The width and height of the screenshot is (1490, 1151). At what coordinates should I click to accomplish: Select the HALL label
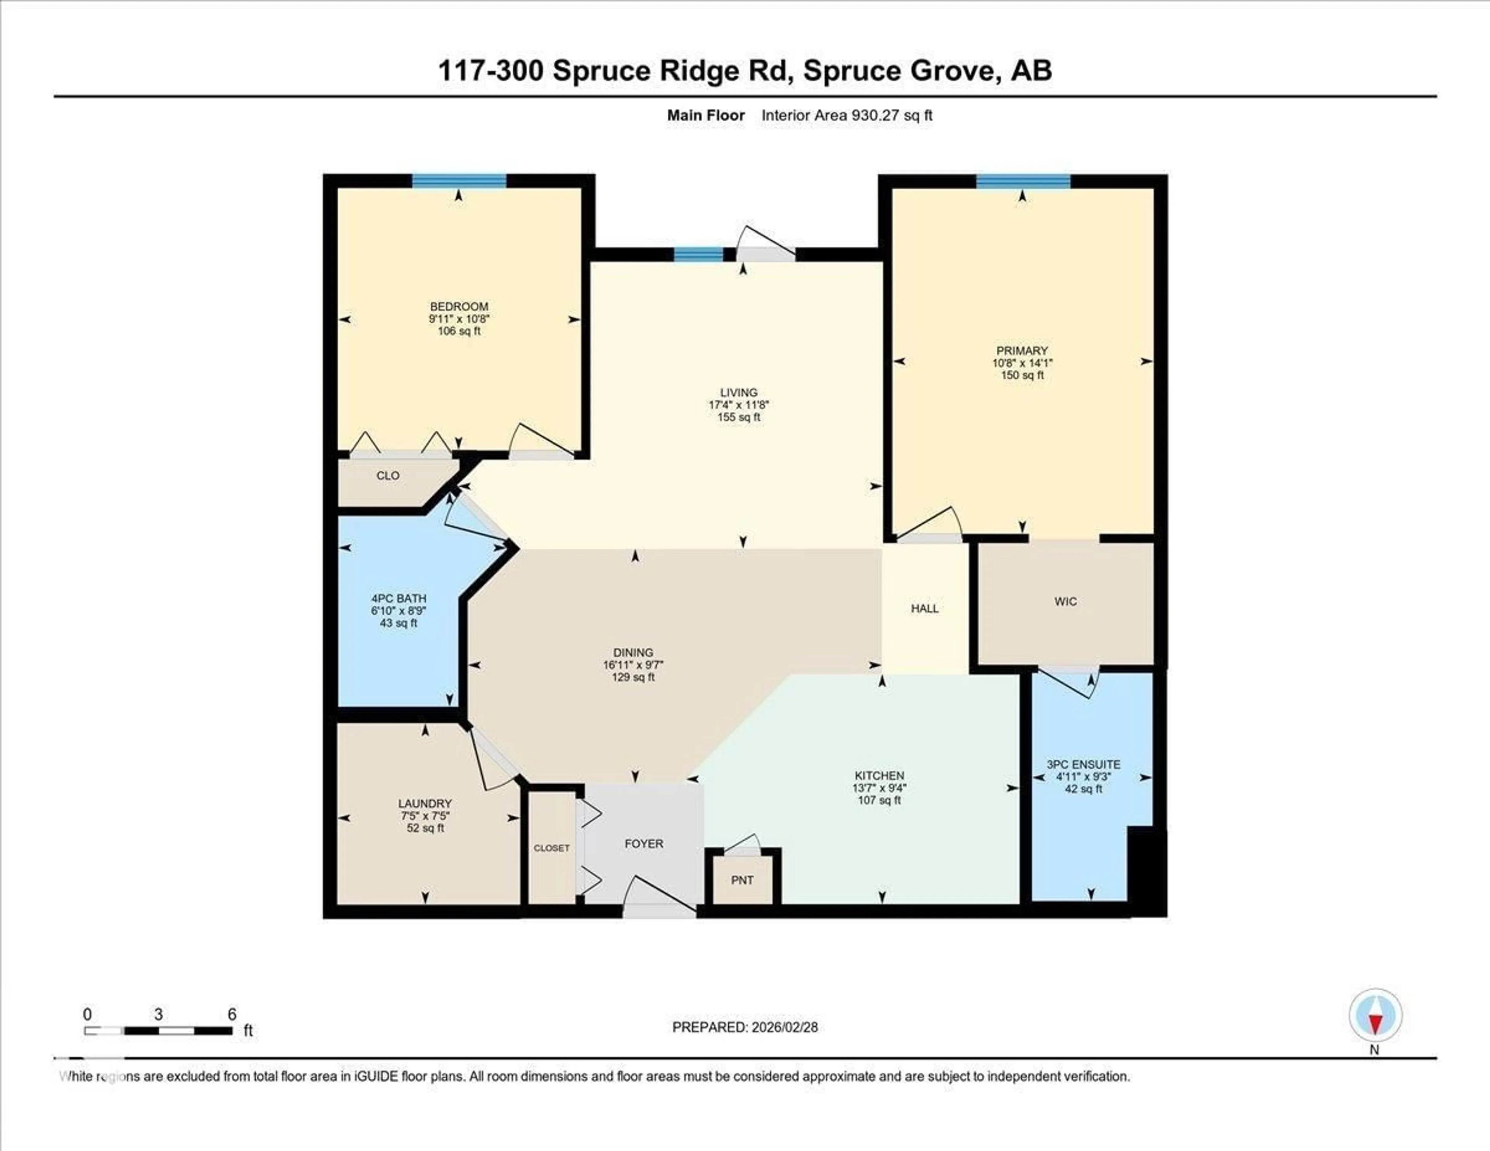click(x=924, y=608)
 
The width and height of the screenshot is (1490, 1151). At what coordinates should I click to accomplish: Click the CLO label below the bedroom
click(x=388, y=475)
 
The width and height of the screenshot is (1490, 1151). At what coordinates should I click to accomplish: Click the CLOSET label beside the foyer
click(x=551, y=848)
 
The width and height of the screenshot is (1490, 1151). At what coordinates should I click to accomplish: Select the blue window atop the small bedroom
click(x=459, y=181)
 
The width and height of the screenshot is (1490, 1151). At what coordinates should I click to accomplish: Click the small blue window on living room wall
click(x=698, y=255)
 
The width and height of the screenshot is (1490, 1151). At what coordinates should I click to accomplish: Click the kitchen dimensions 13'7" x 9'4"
click(x=879, y=788)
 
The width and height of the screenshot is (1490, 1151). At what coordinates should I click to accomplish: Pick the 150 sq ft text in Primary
click(x=1022, y=375)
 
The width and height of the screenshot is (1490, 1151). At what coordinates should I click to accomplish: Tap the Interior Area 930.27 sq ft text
click(x=847, y=115)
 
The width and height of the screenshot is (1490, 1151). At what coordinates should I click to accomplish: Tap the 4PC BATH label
click(x=398, y=598)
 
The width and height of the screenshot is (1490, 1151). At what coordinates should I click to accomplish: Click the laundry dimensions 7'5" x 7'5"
click(x=425, y=816)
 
